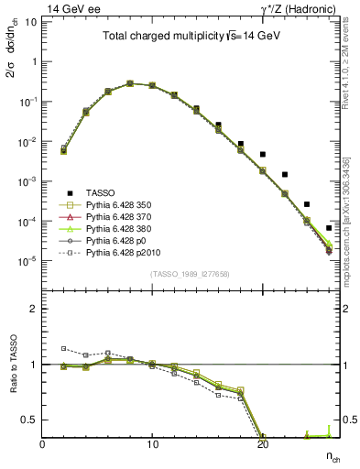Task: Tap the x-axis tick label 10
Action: (x=152, y=446)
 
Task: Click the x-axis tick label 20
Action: (x=263, y=446)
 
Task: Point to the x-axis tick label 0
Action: (x=42, y=446)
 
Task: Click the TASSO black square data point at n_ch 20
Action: (x=263, y=154)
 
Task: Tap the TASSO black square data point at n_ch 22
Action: (x=285, y=174)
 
